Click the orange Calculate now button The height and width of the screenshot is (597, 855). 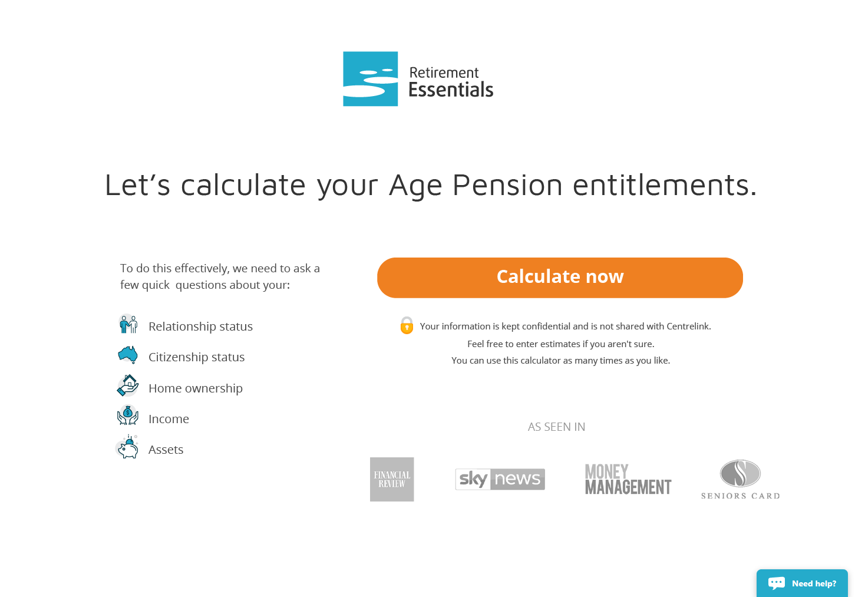[560, 278]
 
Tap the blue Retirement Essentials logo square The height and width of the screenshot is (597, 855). [370, 78]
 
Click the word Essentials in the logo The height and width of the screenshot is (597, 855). [451, 90]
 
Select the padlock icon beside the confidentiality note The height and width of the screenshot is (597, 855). [407, 325]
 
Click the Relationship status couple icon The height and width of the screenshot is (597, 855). [128, 325]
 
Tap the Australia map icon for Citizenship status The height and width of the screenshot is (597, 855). [128, 355]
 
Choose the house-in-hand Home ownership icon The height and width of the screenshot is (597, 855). [128, 385]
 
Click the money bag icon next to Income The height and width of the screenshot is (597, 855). [128, 415]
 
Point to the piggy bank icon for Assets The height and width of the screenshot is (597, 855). [127, 447]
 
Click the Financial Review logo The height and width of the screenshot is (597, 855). [392, 480]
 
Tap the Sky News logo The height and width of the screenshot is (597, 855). [500, 479]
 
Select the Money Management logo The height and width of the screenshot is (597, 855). [628, 480]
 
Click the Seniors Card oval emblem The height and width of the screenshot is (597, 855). [740, 473]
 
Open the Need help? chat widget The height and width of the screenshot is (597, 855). [802, 583]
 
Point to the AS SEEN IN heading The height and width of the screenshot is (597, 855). [556, 427]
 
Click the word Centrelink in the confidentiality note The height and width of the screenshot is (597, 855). [689, 326]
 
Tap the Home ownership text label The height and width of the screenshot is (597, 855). [196, 388]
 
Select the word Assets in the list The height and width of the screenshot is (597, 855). [166, 450]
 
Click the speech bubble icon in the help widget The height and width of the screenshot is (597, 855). [777, 583]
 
